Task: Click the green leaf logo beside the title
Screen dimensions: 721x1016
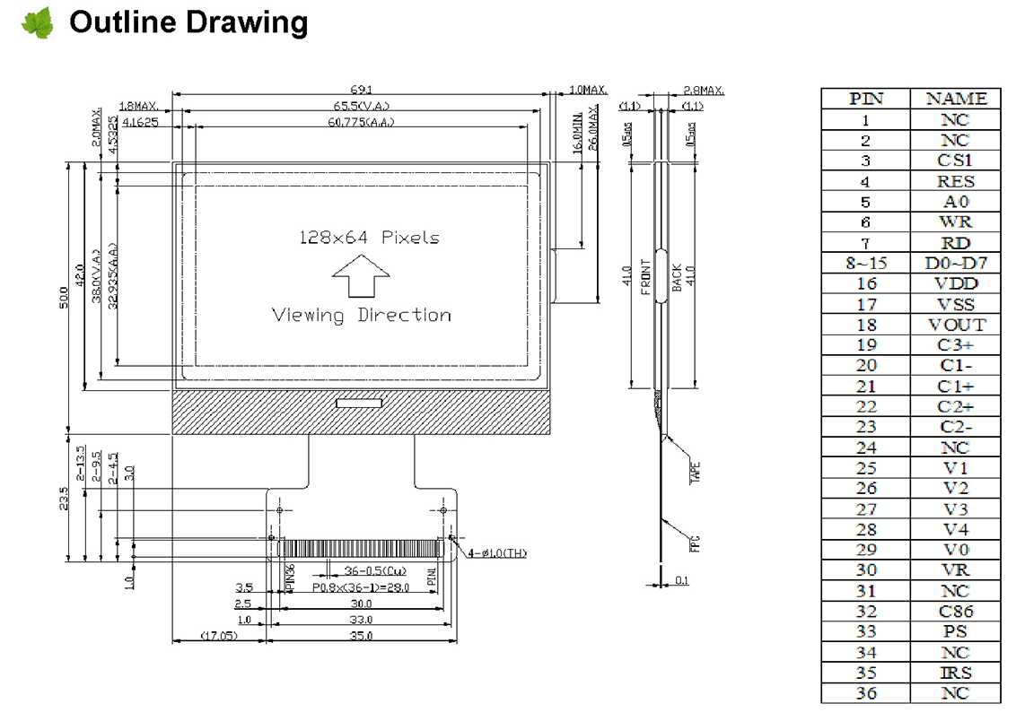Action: (37, 23)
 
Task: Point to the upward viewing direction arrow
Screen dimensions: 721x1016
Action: (361, 274)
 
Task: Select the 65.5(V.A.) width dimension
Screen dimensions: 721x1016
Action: (360, 107)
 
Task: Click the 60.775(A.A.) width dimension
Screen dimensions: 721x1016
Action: (360, 122)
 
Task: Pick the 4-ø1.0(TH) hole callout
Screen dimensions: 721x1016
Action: (496, 553)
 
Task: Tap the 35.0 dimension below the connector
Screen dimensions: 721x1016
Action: (361, 636)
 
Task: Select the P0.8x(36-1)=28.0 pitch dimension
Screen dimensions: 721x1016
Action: (361, 587)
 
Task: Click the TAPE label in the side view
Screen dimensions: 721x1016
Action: (694, 473)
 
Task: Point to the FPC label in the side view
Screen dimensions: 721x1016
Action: (694, 543)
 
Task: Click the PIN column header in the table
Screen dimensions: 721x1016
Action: (865, 99)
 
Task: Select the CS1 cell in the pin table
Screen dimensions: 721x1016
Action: (955, 161)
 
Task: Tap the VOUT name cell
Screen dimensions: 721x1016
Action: (955, 325)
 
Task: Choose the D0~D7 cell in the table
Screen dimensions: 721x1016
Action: (955, 263)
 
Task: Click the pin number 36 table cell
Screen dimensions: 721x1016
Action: (865, 693)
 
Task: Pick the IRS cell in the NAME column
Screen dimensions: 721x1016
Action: (955, 673)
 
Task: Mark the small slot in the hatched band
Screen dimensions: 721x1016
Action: (359, 404)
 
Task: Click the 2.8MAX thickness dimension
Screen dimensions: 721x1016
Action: (703, 91)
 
